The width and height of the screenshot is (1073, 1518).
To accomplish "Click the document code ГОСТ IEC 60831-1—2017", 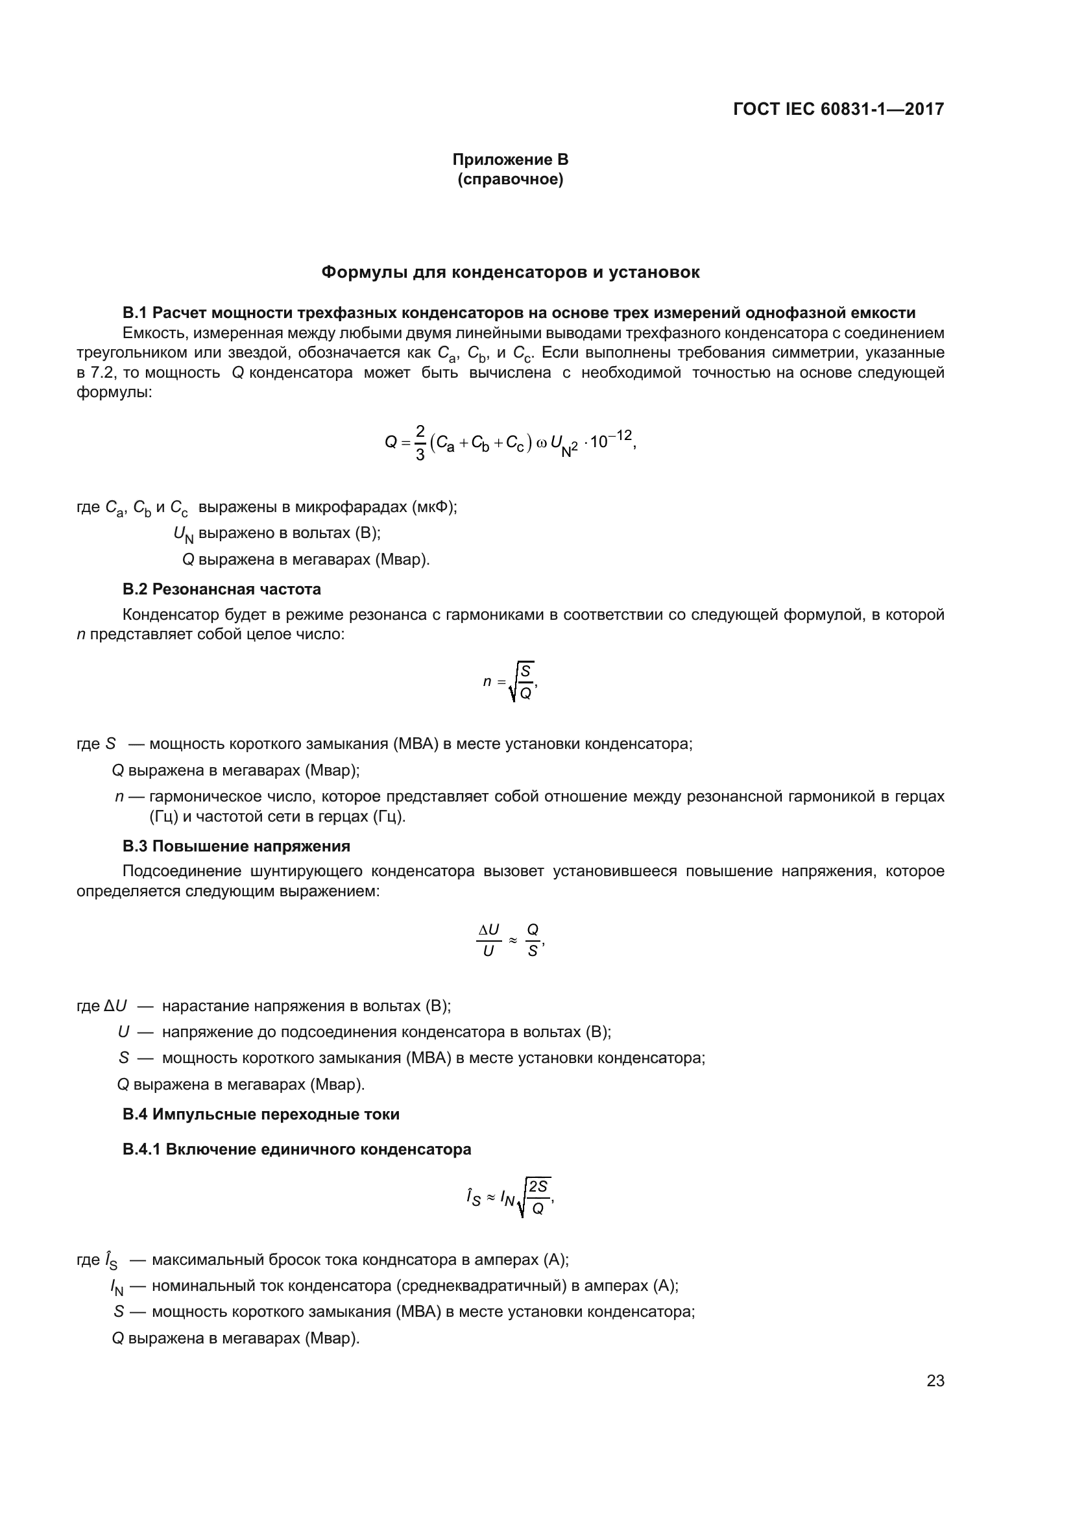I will pos(838,110).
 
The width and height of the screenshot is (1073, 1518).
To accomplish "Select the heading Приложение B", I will pos(510,160).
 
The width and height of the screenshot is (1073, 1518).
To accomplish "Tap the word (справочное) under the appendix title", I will pos(510,180).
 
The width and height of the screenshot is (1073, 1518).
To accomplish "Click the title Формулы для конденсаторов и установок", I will pos(510,273).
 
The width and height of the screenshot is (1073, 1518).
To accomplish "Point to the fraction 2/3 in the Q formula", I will pos(420,443).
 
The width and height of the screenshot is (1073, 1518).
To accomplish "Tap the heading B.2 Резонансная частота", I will pos(222,589).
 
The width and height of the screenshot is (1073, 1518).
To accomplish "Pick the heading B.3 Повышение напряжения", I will pos(237,846).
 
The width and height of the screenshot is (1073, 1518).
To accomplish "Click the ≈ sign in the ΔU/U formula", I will pos(512,939).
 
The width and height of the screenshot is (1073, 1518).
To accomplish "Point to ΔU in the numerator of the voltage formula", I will pos(489,930).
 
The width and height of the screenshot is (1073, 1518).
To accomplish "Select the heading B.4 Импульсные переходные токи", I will pos(261,1114).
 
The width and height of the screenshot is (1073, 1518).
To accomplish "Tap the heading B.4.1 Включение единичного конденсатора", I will pos(296,1149).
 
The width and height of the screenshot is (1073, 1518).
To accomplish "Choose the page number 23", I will pos(935,1381).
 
